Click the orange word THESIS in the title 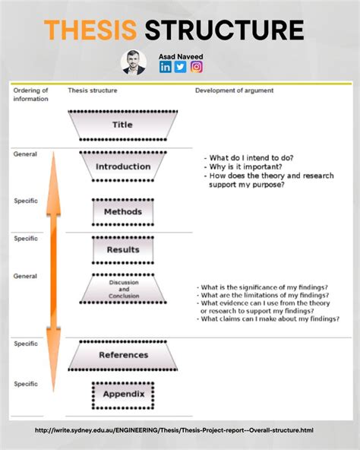[90, 30]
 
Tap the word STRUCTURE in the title [224, 30]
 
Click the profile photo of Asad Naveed [134, 62]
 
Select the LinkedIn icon [166, 67]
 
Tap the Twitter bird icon [181, 67]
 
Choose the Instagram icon [197, 67]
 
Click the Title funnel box [123, 125]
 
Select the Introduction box [123, 166]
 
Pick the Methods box [123, 212]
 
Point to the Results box [123, 249]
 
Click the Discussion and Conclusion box [123, 289]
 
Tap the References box [123, 355]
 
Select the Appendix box [123, 395]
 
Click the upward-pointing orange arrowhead [54, 184]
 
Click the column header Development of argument [235, 90]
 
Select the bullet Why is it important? [243, 166]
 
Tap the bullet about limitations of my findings [263, 295]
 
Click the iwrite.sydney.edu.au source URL [174, 430]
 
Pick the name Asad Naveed [181, 56]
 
